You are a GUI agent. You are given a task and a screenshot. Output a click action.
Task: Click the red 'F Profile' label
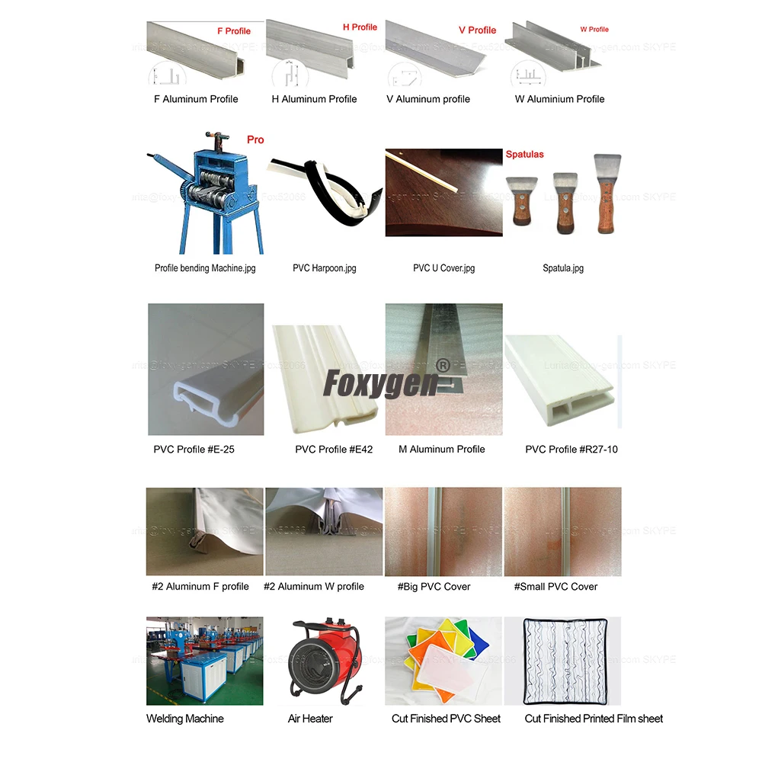(234, 31)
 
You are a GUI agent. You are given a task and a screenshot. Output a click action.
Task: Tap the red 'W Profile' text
(594, 29)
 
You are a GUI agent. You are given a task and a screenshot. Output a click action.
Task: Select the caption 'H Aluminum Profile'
(314, 99)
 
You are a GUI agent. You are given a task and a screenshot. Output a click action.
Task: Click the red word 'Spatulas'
(525, 154)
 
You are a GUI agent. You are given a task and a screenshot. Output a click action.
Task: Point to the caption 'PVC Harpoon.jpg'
(325, 268)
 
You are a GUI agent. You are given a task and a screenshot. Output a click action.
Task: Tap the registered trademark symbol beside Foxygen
(441, 366)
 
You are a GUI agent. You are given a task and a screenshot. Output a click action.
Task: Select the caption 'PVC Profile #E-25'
(194, 450)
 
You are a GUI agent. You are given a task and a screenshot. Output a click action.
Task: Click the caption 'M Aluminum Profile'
(441, 450)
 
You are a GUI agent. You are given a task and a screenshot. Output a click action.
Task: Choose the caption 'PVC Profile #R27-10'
(571, 450)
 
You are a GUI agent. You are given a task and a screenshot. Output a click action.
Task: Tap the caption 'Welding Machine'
(185, 719)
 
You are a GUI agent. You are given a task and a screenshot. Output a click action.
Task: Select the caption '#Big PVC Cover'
(434, 587)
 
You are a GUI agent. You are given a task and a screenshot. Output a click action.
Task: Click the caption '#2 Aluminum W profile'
(314, 587)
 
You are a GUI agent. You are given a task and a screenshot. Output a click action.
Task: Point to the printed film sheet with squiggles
(562, 661)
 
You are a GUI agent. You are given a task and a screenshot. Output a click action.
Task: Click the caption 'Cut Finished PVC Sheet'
(447, 719)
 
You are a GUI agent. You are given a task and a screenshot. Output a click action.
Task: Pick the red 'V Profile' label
(477, 30)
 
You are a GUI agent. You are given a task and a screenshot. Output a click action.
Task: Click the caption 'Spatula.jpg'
(563, 268)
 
